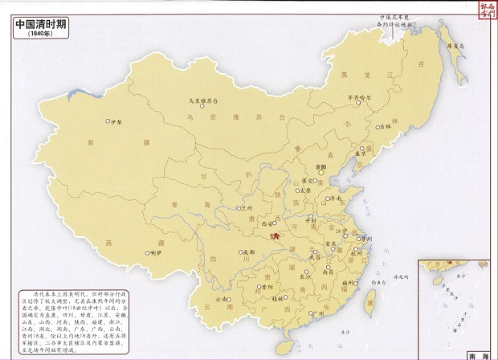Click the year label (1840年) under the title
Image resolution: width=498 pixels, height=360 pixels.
pyautogui.click(x=40, y=35)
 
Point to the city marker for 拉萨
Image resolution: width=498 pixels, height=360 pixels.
pyautogui.click(x=150, y=252)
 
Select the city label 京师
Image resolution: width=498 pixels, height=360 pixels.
pyautogui.click(x=322, y=166)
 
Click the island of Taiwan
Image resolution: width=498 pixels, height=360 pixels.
pyautogui.click(x=371, y=301)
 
